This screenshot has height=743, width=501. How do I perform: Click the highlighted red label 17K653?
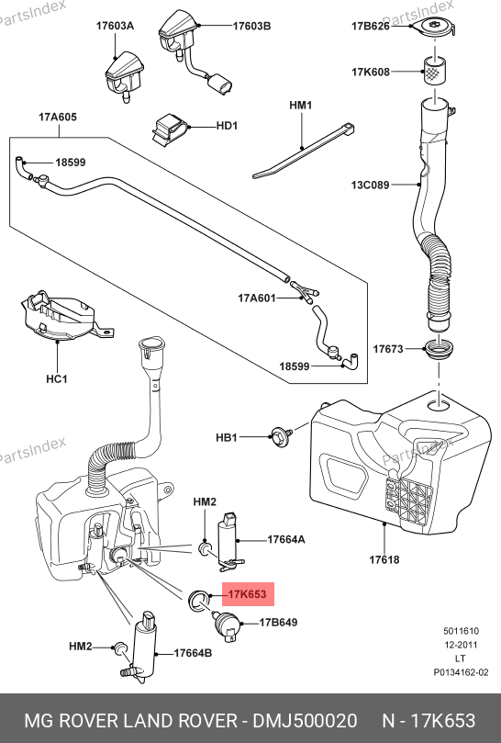pos(248,594)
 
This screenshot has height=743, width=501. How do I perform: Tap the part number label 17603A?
pos(115,26)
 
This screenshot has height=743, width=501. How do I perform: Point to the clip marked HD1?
pos(169,129)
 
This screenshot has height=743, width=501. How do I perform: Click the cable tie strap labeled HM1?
pos(304,151)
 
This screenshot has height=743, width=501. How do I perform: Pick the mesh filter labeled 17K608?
pos(434,72)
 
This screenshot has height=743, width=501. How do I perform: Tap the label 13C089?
pos(371,185)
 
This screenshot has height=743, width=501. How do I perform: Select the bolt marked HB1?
pos(282,435)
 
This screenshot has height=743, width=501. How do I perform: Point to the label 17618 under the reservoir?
pos(384,560)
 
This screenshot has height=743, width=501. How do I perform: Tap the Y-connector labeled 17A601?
pos(306,292)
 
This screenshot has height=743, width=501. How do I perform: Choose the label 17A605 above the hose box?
pos(58,117)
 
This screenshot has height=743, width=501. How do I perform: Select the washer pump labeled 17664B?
pos(142,647)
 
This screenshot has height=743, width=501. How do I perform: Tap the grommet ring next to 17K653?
pos(198,601)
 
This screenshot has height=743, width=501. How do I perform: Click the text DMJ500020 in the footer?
pos(305,721)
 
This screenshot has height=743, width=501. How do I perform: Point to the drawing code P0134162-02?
pos(461,672)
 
